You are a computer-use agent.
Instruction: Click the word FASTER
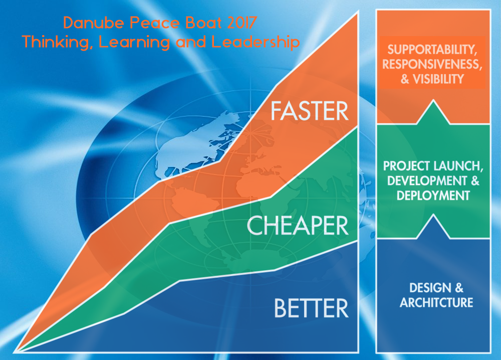pos(309,111)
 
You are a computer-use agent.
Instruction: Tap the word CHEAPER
pos(298,226)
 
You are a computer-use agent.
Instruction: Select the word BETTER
pos(311,308)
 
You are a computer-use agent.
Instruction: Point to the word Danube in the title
pos(94,23)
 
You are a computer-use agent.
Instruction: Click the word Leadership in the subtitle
pos(256,42)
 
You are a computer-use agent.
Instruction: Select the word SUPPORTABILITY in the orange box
pos(432,50)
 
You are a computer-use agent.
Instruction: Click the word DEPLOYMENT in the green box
pos(433,196)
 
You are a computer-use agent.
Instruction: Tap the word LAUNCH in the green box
pos(458,166)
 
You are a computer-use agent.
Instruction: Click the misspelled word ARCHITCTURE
pos(436,302)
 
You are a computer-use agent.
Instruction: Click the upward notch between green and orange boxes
pos(433,112)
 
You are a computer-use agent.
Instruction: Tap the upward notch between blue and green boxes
pos(433,226)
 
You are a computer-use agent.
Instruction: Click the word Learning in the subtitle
pos(134,42)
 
